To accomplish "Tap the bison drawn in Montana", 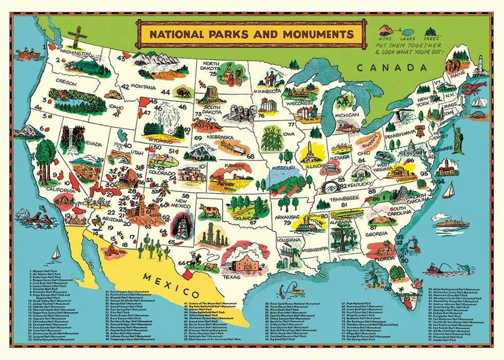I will (x=183, y=93).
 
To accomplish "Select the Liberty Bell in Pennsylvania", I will (x=420, y=131).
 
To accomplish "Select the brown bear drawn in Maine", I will (x=453, y=66).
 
